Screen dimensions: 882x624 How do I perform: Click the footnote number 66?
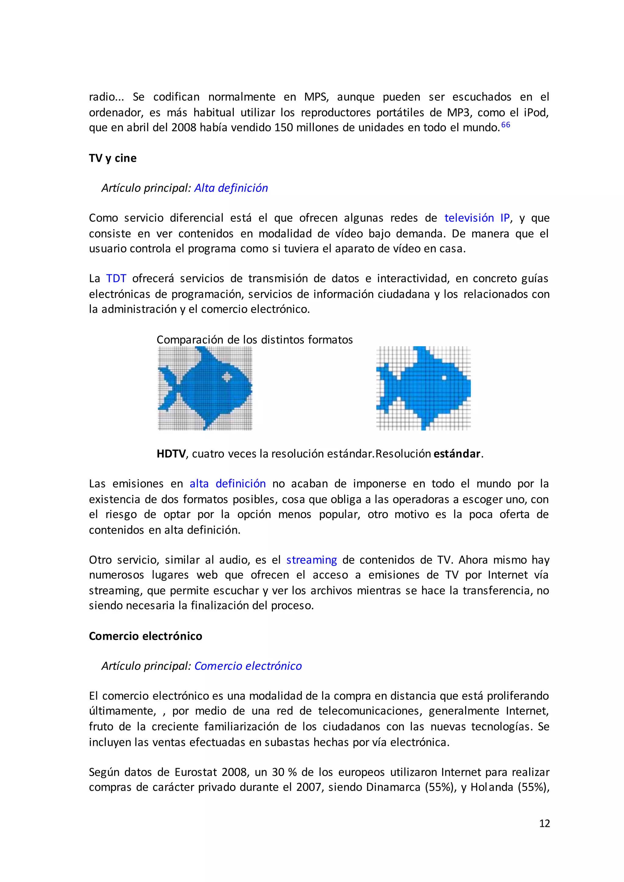point(506,125)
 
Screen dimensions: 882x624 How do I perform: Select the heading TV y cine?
point(112,158)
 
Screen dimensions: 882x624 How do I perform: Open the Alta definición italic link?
point(231,188)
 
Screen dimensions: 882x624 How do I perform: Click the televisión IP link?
point(477,218)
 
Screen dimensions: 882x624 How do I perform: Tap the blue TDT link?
point(116,278)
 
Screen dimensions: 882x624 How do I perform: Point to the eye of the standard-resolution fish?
point(444,378)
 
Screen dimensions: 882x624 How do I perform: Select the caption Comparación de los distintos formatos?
point(254,340)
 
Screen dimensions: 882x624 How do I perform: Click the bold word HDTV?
point(171,454)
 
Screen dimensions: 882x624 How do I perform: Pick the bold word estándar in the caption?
point(457,454)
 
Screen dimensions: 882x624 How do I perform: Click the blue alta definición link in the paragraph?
point(228,483)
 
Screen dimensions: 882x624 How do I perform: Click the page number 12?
point(544,823)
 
